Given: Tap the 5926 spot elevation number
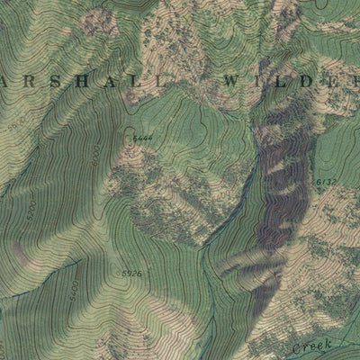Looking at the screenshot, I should point(131,272).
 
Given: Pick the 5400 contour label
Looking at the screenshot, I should point(71,290).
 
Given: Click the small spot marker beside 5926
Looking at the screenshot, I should point(118,270).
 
